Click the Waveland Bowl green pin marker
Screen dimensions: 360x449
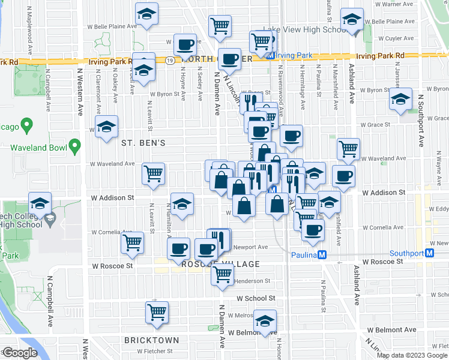click(74, 146)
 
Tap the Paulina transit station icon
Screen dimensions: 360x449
click(322, 254)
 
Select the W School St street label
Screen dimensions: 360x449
click(255, 298)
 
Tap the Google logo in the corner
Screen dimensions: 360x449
click(20, 353)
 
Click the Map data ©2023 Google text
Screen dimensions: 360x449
click(411, 355)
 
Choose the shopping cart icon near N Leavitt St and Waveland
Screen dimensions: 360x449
click(154, 173)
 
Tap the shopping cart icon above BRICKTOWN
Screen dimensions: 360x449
click(157, 312)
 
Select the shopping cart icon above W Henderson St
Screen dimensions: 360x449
click(223, 274)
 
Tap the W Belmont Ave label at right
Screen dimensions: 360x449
click(392, 330)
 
